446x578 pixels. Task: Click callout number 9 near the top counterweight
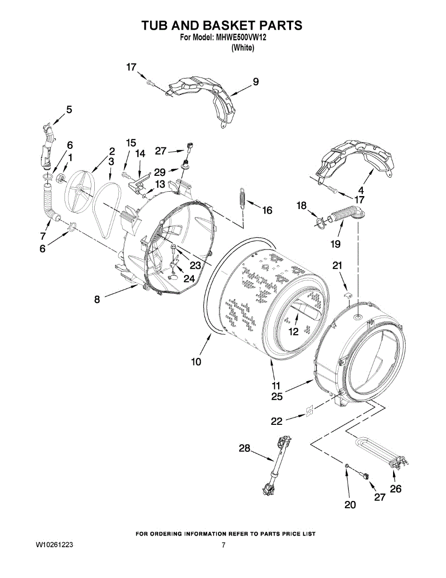(255, 82)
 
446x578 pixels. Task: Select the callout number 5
(69, 110)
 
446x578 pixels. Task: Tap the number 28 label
(245, 448)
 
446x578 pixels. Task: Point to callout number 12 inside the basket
(293, 331)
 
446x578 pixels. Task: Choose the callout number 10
(196, 361)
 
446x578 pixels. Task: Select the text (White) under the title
(242, 48)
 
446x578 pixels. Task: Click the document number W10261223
(54, 545)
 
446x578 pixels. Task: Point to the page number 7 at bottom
(223, 545)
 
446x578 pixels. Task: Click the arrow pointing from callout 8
(120, 292)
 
